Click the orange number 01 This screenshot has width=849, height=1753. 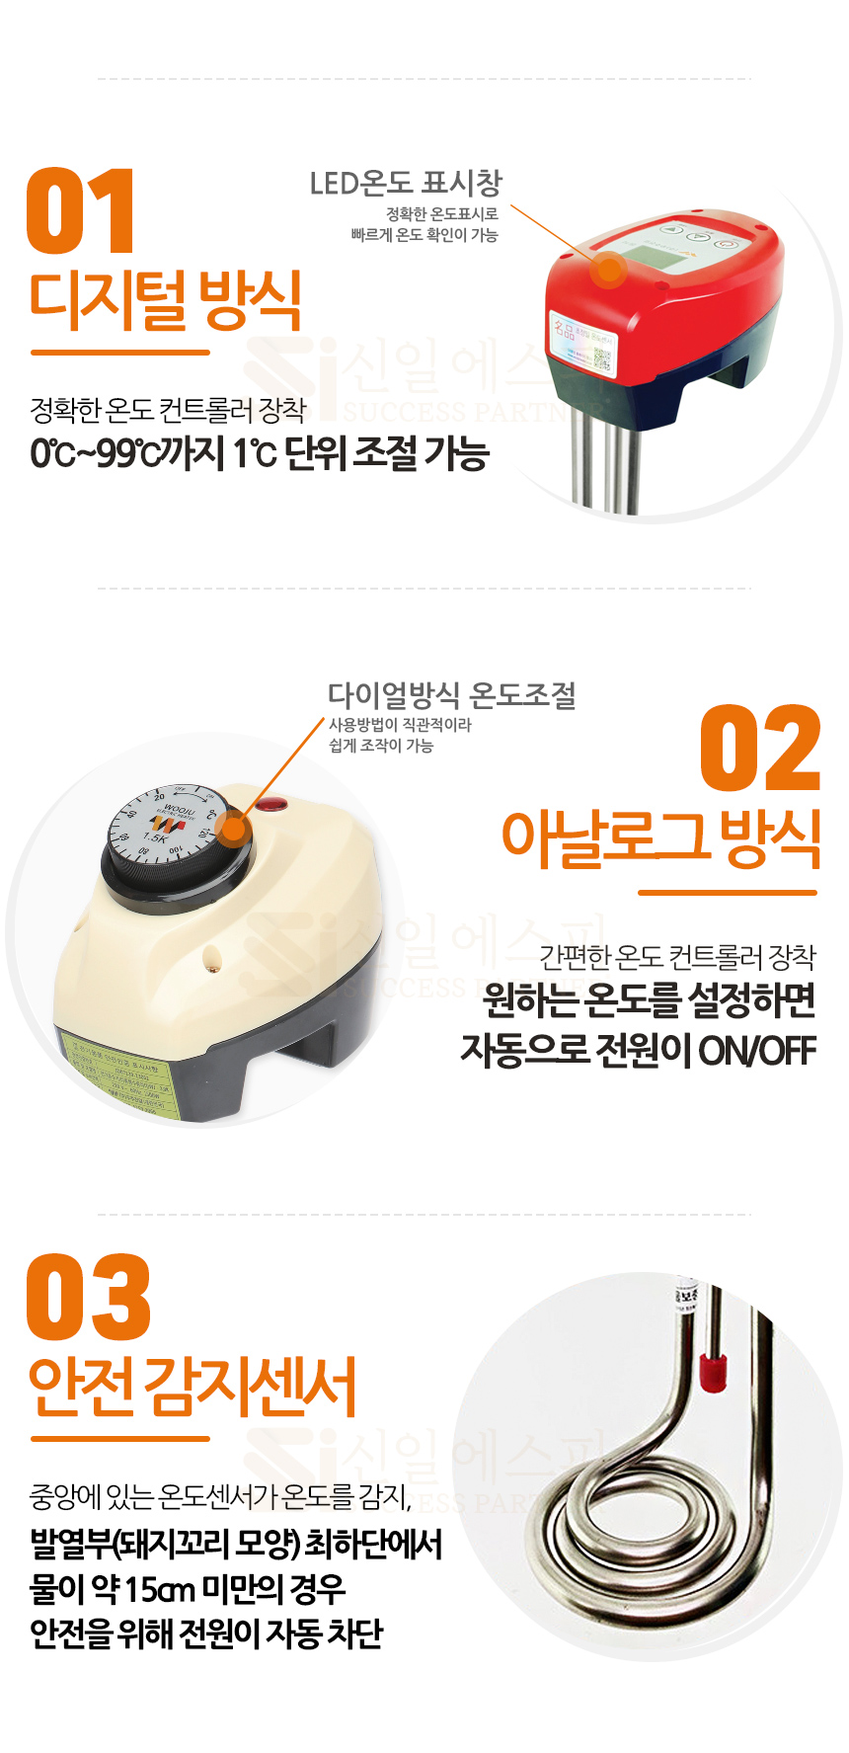[81, 211]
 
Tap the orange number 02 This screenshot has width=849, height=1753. [760, 749]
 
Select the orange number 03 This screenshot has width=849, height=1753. [89, 1297]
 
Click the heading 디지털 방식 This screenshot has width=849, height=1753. [166, 300]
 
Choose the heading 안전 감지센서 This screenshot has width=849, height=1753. [193, 1386]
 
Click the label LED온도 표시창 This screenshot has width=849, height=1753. [406, 184]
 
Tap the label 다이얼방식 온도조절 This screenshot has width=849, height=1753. [452, 695]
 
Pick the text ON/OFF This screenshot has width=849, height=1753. [757, 1051]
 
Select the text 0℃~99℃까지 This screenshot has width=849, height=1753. [128, 453]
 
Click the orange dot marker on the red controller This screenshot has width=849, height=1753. [610, 268]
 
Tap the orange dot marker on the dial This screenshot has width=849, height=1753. [233, 828]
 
